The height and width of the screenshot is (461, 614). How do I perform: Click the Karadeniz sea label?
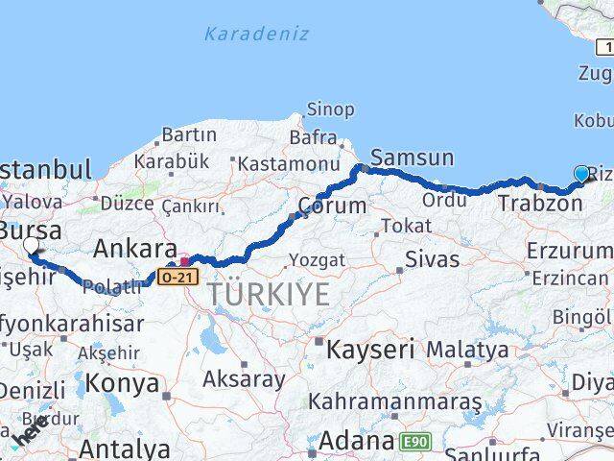[256, 34]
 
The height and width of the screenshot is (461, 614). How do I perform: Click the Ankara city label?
[135, 249]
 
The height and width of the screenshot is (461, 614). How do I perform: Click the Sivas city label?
[426, 258]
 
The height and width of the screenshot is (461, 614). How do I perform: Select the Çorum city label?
[333, 205]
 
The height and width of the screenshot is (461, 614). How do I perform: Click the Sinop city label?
[329, 109]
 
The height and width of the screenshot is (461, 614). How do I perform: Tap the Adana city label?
[356, 442]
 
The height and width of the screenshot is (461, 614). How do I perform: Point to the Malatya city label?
[468, 350]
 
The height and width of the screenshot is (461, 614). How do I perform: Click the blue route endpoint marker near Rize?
[581, 174]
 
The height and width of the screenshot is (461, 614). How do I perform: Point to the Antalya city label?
[125, 448]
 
